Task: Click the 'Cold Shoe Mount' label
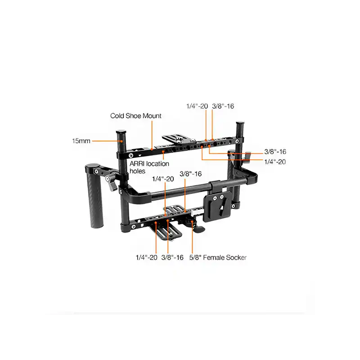pos(136,116)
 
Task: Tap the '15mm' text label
pos(81,141)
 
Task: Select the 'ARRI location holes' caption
pos(147,168)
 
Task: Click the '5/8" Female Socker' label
pos(219,257)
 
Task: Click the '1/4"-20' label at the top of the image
pos(197,106)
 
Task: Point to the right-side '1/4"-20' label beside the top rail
pos(275,161)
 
